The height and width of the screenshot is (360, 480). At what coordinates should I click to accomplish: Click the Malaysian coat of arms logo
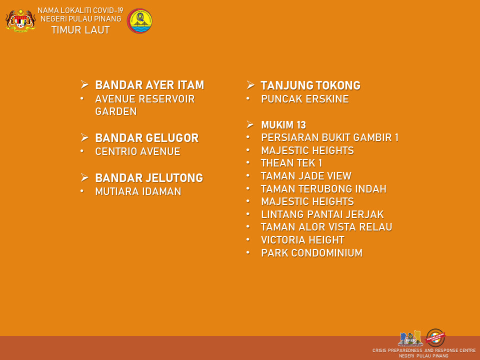tap(20, 20)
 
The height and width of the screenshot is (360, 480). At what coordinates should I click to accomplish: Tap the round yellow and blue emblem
tap(139, 21)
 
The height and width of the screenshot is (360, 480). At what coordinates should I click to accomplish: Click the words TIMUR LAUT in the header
tap(80, 30)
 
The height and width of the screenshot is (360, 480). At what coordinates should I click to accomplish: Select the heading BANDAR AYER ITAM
tap(149, 85)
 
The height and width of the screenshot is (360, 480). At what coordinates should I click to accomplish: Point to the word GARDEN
tap(115, 111)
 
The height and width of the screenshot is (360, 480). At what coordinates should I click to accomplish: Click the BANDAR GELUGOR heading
tap(147, 138)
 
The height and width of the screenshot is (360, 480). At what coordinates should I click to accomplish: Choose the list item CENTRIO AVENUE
tap(138, 151)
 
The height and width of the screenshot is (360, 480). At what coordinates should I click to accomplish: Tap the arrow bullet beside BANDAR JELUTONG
tap(85, 177)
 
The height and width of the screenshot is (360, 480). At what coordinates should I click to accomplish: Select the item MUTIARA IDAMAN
tap(138, 191)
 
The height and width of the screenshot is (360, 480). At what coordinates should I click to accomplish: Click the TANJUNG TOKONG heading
tap(310, 85)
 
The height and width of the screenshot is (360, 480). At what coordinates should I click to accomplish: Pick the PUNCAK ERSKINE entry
tap(305, 99)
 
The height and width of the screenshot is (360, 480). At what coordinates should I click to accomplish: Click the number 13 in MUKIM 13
tap(301, 125)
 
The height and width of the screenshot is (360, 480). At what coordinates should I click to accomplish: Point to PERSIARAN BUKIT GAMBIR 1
tap(329, 137)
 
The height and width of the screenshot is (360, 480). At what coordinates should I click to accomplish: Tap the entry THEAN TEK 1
tap(291, 163)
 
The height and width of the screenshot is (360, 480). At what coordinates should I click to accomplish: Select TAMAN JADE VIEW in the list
tap(306, 176)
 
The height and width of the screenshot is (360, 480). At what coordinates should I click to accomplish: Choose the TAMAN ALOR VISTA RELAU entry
tap(326, 227)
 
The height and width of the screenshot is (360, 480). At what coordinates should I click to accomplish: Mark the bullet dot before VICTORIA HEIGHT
tap(248, 239)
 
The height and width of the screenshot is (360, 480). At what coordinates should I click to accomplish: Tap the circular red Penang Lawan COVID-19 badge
tap(435, 337)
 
